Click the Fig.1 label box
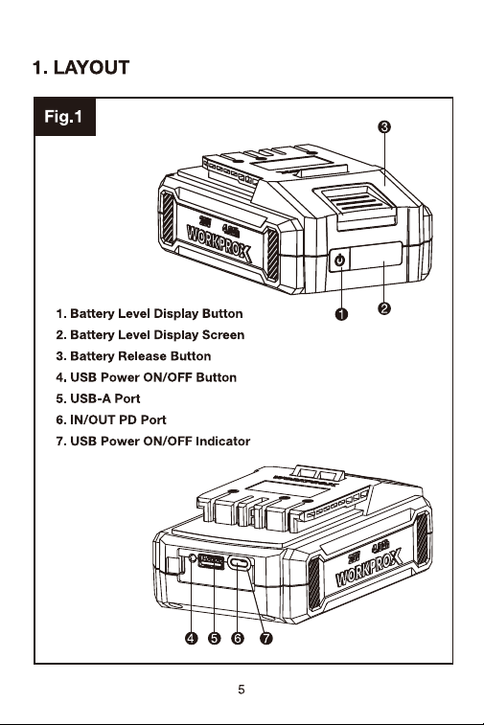pyautogui.click(x=65, y=117)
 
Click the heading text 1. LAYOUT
pyautogui.click(x=81, y=67)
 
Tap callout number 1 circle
pyautogui.click(x=341, y=314)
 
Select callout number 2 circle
pyautogui.click(x=384, y=308)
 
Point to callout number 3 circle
pyautogui.click(x=384, y=126)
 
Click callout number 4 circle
pyautogui.click(x=191, y=639)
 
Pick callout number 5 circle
pyautogui.click(x=215, y=639)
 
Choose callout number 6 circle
pyautogui.click(x=238, y=639)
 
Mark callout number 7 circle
pyautogui.click(x=266, y=639)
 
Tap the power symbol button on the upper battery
pyautogui.click(x=339, y=261)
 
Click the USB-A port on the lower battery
pyautogui.click(x=212, y=562)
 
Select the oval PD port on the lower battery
pyautogui.click(x=241, y=564)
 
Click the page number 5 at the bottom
pyautogui.click(x=242, y=690)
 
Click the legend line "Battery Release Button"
pyautogui.click(x=133, y=356)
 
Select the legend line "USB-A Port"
pyautogui.click(x=98, y=398)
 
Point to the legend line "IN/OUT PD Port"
pyautogui.click(x=111, y=419)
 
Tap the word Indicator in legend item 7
pyautogui.click(x=222, y=442)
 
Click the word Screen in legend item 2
pyautogui.click(x=223, y=335)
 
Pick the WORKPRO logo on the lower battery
pyautogui.click(x=369, y=568)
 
